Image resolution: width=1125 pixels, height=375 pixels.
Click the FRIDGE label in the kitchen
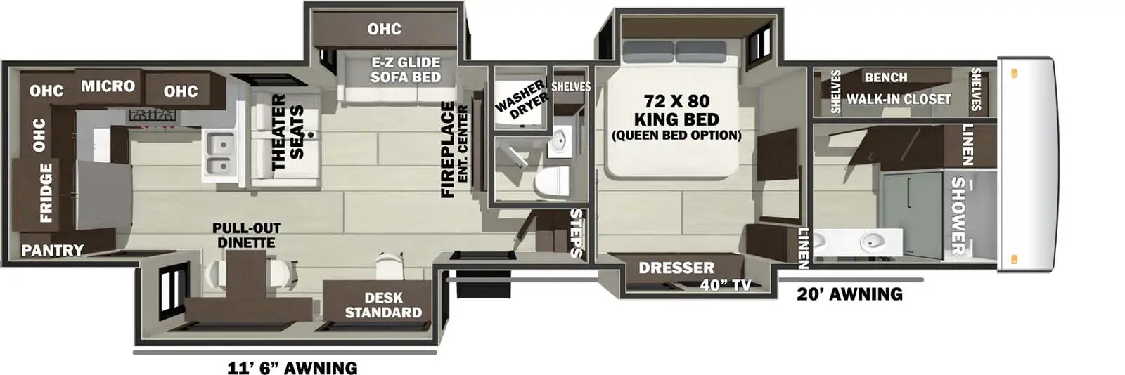tap(46, 192)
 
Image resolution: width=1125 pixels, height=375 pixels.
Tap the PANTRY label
tap(52, 250)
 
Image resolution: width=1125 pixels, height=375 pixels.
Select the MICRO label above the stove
tap(108, 86)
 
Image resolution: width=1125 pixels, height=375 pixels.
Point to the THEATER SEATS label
tap(288, 133)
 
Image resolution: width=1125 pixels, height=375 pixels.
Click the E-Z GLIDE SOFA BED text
tap(406, 70)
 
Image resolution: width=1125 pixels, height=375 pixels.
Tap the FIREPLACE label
tap(448, 150)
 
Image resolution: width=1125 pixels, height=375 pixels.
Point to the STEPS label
tap(576, 232)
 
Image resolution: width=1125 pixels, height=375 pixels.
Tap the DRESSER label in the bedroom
tap(676, 268)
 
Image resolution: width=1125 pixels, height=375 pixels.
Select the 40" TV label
tap(725, 284)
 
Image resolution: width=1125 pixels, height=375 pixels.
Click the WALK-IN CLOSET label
tap(898, 99)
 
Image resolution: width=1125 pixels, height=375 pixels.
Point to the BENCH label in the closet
tap(885, 77)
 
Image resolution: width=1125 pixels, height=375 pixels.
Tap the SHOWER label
tap(958, 215)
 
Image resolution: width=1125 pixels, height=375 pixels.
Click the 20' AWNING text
tap(849, 294)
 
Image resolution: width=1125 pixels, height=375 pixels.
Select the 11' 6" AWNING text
tap(292, 367)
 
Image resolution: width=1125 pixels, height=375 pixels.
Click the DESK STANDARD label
tap(383, 305)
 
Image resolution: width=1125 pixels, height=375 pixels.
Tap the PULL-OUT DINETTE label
tap(246, 235)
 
